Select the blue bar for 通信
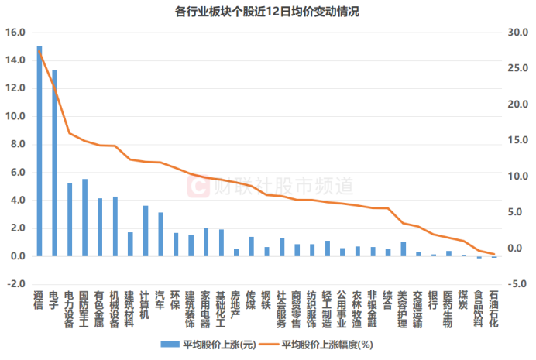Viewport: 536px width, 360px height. [x=40, y=151]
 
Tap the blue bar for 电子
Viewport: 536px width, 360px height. [x=54, y=163]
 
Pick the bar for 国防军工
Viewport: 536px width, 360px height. [x=84, y=218]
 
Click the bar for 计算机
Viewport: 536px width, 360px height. [x=145, y=231]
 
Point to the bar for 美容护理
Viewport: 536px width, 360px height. [x=403, y=249]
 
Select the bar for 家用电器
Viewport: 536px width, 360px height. [x=205, y=242]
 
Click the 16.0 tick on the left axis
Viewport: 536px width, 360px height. [x=15, y=33]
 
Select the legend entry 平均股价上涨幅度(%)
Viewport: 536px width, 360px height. [x=325, y=345]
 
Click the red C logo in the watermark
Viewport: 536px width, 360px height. [x=199, y=186]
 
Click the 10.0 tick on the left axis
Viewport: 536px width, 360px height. [x=15, y=116]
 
